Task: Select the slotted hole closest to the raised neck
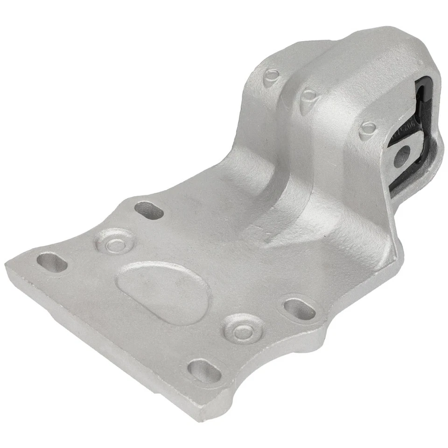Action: click(x=148, y=210)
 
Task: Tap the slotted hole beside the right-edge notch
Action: click(x=299, y=308)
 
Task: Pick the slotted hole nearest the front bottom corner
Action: click(x=204, y=371)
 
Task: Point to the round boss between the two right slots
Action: click(x=242, y=330)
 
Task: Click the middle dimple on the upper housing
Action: click(x=308, y=97)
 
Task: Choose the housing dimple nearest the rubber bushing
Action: click(x=368, y=128)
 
